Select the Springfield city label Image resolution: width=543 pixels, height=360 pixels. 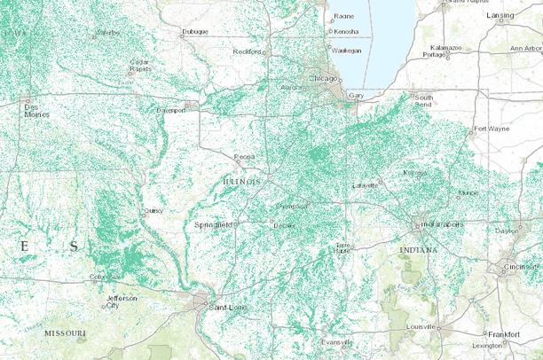click(213, 225)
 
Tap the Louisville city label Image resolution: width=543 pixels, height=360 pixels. click(421, 326)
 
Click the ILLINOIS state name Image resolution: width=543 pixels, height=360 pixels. click(241, 181)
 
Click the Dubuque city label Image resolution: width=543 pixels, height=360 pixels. click(194, 32)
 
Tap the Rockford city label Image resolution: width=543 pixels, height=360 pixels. click(248, 51)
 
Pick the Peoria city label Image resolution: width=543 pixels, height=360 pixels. click(245, 156)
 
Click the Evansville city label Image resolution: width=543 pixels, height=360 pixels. click(337, 342)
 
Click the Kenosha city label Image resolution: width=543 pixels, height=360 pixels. click(346, 32)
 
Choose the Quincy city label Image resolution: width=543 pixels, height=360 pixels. click(153, 211)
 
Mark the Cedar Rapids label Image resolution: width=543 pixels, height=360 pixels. click(140, 66)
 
